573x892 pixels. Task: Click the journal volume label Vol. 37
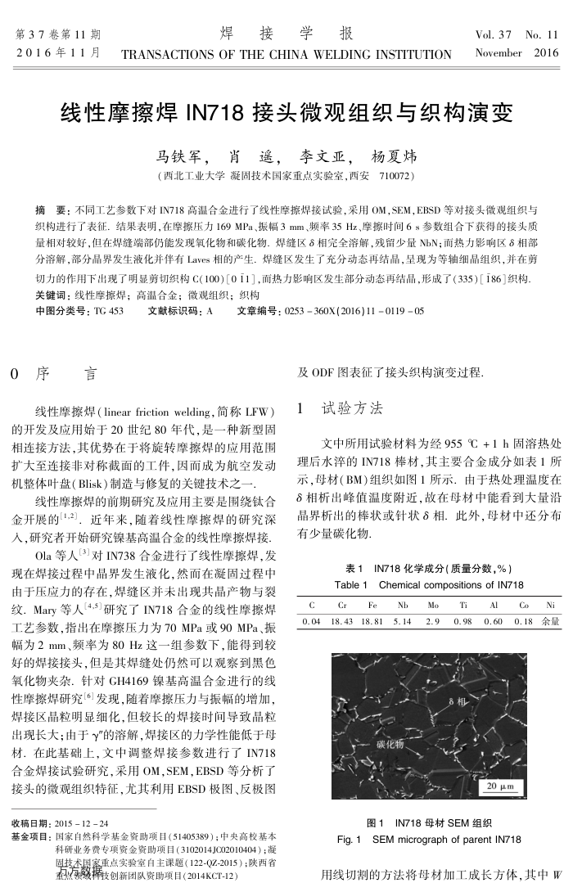(x=493, y=35)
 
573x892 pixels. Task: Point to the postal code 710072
(x=397, y=176)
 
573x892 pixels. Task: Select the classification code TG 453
(x=108, y=311)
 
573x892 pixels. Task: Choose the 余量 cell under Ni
(x=550, y=622)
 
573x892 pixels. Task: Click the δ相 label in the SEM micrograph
(x=458, y=701)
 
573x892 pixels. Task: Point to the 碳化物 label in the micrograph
(x=390, y=745)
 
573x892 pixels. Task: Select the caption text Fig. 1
(x=350, y=840)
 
